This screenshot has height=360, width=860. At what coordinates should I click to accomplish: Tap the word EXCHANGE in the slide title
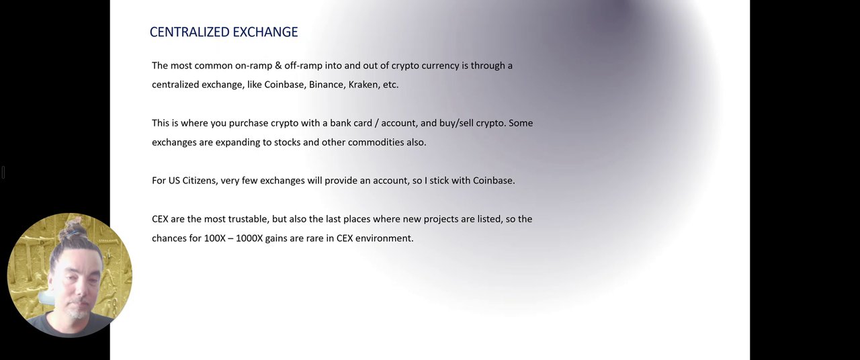[265, 32]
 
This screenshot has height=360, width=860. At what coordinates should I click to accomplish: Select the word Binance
[327, 85]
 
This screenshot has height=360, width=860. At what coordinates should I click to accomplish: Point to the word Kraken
[363, 85]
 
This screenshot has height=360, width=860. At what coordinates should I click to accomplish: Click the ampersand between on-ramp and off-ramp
[279, 66]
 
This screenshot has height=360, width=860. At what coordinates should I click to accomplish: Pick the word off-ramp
[303, 66]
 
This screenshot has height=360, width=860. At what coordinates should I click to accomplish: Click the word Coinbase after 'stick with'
[494, 181]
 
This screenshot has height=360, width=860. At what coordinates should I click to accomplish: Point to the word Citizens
[200, 181]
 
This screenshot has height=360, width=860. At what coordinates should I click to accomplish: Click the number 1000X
[249, 238]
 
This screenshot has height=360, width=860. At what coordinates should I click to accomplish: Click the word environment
[384, 238]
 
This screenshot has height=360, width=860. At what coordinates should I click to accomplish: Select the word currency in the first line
[440, 66]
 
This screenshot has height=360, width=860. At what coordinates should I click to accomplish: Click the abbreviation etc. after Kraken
[390, 85]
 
